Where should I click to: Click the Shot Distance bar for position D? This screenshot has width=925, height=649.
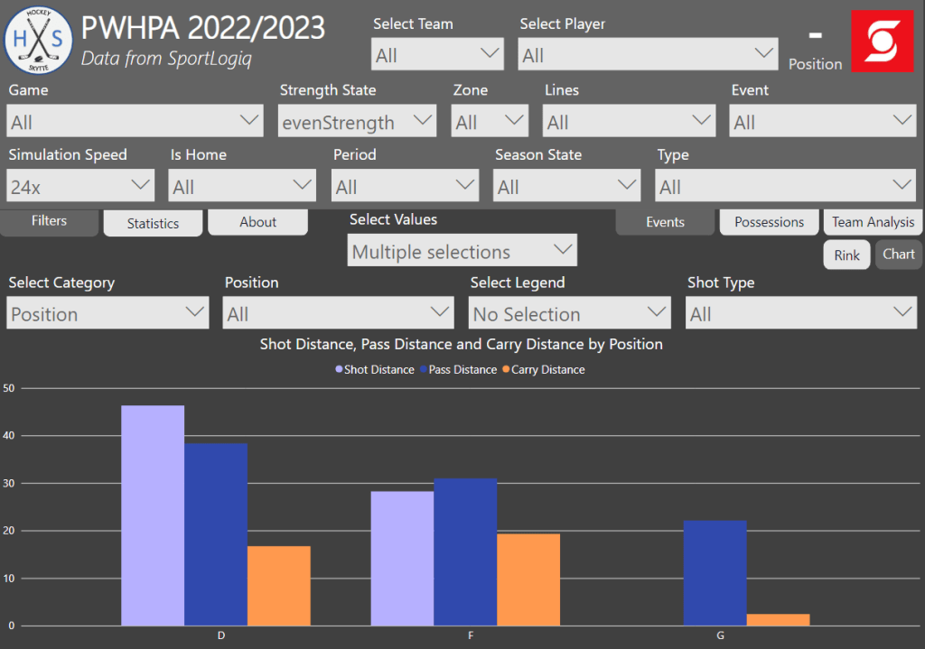click(x=153, y=515)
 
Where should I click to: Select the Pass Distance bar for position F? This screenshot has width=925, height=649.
click(x=465, y=552)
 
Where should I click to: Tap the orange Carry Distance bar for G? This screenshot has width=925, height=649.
click(x=778, y=620)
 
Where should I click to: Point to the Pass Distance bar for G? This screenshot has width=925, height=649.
click(x=715, y=573)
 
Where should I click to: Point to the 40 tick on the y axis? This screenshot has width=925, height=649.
click(x=9, y=436)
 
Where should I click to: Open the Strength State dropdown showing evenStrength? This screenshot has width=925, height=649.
click(x=357, y=122)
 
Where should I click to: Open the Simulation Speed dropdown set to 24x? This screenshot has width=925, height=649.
click(x=80, y=187)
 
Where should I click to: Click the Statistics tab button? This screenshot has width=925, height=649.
click(x=153, y=223)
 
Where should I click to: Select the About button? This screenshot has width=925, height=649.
click(x=257, y=222)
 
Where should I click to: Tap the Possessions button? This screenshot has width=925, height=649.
click(x=769, y=222)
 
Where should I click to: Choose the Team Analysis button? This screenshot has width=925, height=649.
click(x=873, y=222)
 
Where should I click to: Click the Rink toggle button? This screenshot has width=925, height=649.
click(x=846, y=255)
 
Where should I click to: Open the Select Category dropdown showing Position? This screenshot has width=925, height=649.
click(x=107, y=314)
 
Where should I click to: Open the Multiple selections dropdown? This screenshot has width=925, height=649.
click(x=462, y=252)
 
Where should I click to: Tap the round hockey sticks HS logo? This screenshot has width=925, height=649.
click(x=39, y=39)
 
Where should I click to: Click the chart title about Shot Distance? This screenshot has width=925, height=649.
click(x=462, y=344)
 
